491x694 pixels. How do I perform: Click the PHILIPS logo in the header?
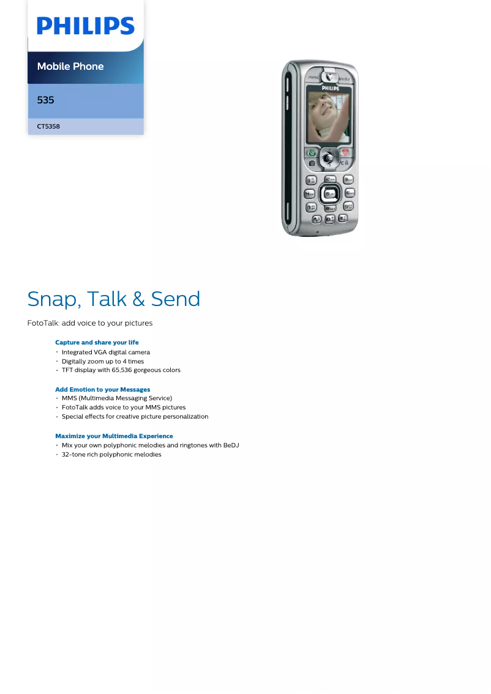click(85, 26)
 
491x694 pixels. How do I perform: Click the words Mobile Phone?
click(70, 66)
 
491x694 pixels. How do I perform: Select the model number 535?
click(45, 100)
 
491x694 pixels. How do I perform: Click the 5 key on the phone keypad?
click(329, 193)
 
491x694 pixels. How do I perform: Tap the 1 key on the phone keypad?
click(311, 180)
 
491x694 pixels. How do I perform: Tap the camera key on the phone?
click(312, 163)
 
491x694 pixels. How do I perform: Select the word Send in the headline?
click(176, 299)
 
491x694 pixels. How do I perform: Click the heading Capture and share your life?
click(97, 342)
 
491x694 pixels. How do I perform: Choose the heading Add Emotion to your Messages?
click(102, 389)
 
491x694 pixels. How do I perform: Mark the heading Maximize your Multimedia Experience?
click(114, 436)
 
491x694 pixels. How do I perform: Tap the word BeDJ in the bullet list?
click(231, 445)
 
